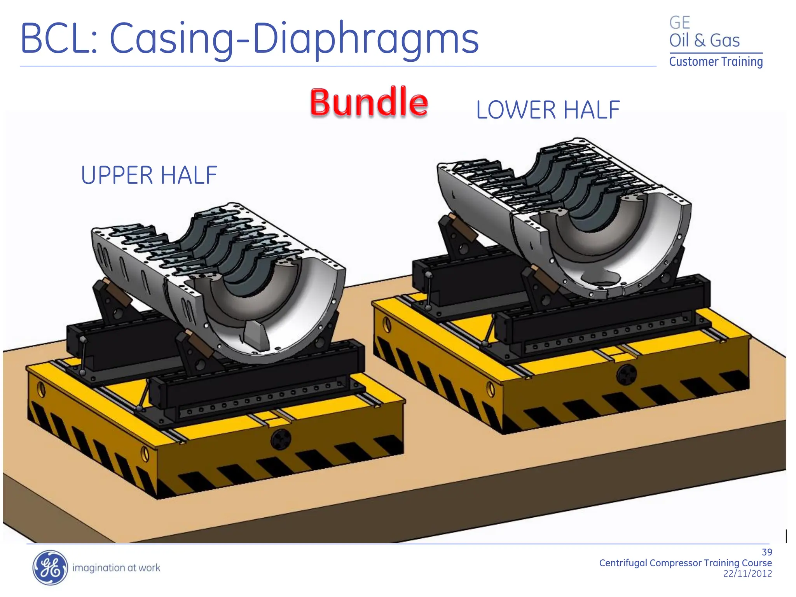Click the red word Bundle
369,102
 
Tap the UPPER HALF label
149,175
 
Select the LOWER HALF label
548,110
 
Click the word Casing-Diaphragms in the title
294,39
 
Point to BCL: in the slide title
58,39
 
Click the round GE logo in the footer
50,567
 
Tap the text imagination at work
116,568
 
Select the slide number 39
766,552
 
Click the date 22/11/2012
747,574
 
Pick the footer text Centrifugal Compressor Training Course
685,563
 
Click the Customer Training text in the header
716,62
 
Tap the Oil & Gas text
704,40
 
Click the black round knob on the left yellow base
281,440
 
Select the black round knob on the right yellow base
627,374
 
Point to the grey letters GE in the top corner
679,23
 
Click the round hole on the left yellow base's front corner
145,454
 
